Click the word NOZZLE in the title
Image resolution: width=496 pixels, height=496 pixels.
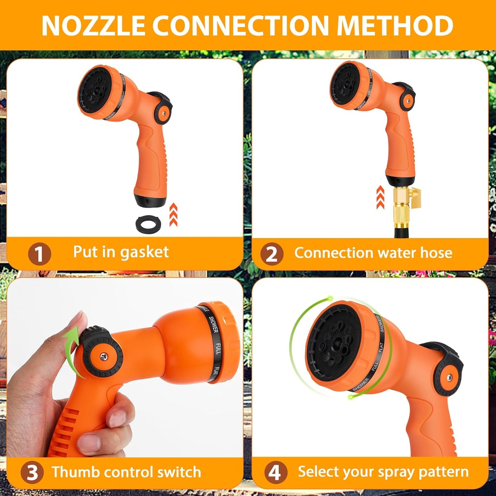point(93,25)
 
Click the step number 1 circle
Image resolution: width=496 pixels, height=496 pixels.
point(39,254)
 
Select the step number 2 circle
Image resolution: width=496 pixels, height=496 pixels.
point(272,254)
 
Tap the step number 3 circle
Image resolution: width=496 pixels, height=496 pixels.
point(32,473)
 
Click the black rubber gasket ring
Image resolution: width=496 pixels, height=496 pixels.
point(148,224)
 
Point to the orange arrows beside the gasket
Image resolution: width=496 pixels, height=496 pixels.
point(173,215)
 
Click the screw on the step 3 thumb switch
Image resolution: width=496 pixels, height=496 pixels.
point(103,357)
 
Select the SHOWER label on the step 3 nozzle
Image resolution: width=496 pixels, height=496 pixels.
point(213,324)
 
